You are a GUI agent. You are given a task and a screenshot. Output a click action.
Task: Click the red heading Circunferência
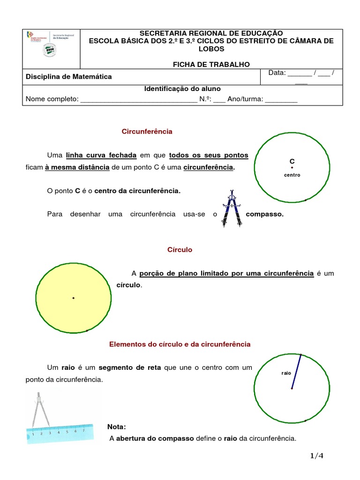coord(147,132)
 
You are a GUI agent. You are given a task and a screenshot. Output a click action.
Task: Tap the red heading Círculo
coord(180,250)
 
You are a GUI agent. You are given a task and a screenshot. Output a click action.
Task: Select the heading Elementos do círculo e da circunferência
coord(180,344)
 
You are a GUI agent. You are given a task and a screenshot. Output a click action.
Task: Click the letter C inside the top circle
coord(292,161)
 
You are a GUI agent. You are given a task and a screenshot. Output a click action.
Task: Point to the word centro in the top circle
coord(292,175)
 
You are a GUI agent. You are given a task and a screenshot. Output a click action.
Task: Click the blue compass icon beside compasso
coord(231,208)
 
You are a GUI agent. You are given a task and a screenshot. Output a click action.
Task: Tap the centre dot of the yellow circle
coord(74,298)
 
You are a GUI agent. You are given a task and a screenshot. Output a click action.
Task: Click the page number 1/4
coord(317,456)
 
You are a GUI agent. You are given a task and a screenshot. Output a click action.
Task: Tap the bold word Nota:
coord(116,427)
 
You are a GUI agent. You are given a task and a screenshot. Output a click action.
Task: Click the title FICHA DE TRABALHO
coord(211,64)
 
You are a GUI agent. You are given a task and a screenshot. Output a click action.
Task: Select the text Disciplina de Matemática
coord(68,76)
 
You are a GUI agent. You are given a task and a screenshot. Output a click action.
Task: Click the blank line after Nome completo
coord(139,100)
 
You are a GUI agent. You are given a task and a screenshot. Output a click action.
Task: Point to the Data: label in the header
coord(277,73)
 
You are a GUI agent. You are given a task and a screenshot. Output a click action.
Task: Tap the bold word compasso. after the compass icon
coord(265,214)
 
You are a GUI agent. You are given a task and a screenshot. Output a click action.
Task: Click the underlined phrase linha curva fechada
coord(101,155)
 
